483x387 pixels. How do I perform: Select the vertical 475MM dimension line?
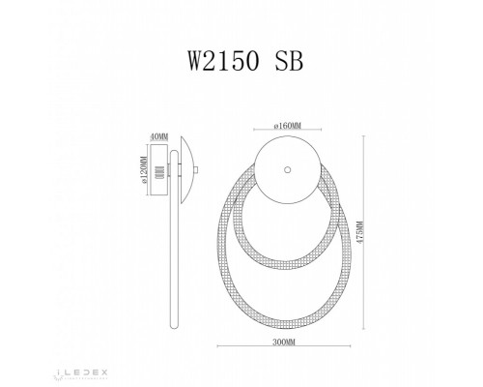[x=361, y=242]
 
